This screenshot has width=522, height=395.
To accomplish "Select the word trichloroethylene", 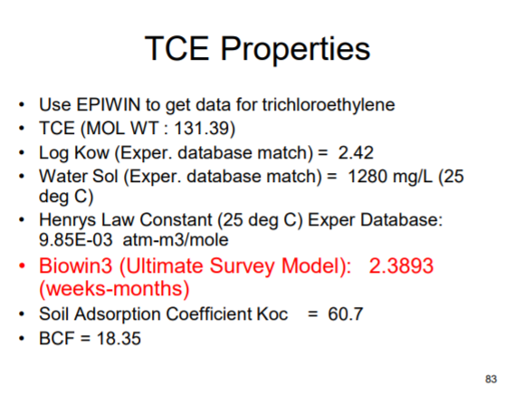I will [334, 104].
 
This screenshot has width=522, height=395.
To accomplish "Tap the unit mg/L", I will [413, 175].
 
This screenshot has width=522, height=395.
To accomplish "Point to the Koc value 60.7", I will [345, 314].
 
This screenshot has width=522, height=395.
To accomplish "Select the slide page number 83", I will [492, 377].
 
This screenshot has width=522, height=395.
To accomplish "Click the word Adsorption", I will [115, 314].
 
